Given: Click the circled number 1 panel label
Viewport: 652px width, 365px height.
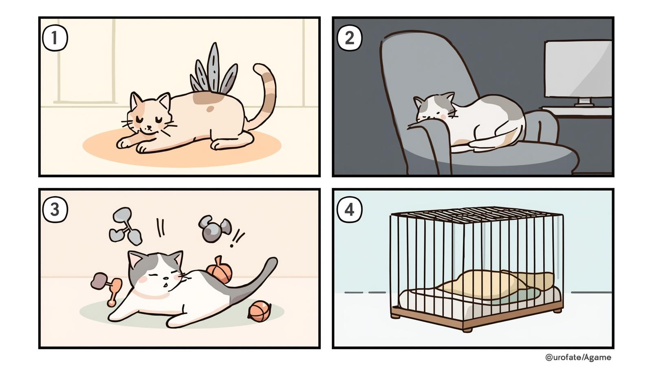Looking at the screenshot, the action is (x=55, y=38).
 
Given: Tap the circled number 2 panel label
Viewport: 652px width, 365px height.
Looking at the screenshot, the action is (x=350, y=38).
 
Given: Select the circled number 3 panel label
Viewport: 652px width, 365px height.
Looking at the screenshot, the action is (x=55, y=209).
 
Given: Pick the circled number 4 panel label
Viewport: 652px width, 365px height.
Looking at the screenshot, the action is (x=350, y=209).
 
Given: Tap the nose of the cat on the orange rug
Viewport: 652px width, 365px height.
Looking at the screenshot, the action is (x=149, y=127).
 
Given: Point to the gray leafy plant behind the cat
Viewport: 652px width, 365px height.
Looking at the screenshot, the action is (x=214, y=71).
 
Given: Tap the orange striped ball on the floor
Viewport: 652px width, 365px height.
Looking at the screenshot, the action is (x=259, y=311).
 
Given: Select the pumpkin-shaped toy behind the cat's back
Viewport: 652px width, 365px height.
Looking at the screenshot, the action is (x=220, y=270).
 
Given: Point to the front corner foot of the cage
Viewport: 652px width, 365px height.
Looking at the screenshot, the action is (x=467, y=330).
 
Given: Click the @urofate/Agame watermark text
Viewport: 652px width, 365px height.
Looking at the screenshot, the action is (x=578, y=357).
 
